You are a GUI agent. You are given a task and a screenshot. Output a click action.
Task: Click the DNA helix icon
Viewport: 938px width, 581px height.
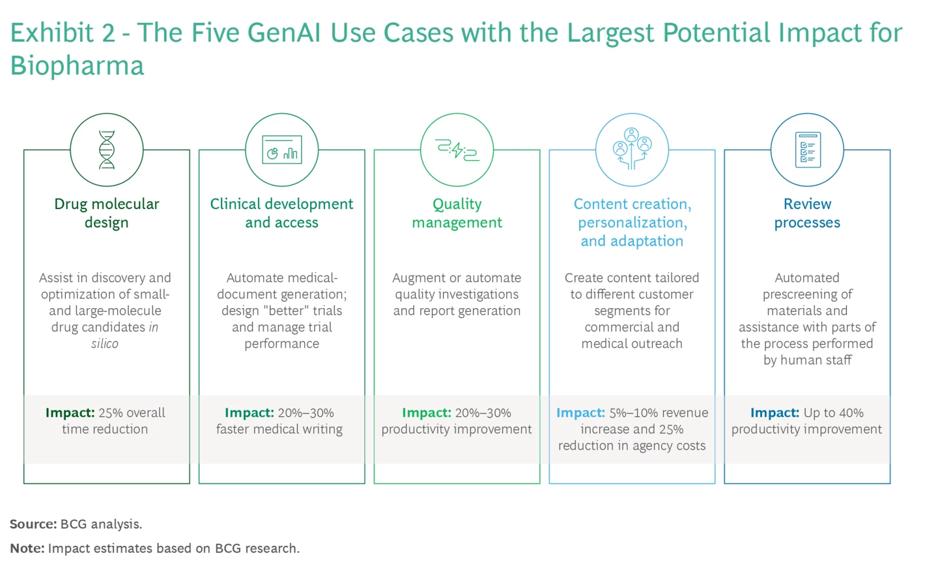[x=107, y=150]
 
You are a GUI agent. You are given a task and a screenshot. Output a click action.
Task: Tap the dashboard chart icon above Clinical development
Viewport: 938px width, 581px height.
[x=281, y=150]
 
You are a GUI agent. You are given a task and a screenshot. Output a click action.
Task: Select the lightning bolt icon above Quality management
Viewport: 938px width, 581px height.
[x=457, y=150]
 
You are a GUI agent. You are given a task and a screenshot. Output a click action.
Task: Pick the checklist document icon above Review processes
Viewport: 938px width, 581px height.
[x=807, y=150]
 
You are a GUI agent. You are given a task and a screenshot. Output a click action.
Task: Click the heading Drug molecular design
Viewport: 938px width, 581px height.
[x=107, y=213]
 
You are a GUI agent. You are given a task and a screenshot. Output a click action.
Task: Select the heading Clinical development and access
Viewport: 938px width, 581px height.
[x=281, y=213]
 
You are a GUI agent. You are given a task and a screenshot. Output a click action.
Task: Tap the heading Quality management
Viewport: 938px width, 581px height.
[x=457, y=213]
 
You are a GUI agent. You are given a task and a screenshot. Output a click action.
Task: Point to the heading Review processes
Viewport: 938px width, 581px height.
[x=807, y=213]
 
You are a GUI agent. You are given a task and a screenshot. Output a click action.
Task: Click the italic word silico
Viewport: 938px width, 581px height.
[x=105, y=344]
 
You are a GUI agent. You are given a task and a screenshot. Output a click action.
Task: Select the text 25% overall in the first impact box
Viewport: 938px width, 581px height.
[x=132, y=413]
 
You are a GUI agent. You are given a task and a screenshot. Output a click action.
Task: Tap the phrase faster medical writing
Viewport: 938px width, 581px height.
[x=279, y=429]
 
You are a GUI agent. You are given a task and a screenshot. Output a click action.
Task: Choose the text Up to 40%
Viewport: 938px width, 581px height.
[x=833, y=413]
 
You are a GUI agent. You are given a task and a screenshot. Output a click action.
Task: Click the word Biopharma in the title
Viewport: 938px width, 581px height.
[x=77, y=66]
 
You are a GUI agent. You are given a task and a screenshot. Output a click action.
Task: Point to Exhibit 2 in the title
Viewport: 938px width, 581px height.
[x=63, y=33]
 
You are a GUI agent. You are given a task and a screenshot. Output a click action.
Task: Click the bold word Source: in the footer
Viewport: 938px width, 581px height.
[x=33, y=524]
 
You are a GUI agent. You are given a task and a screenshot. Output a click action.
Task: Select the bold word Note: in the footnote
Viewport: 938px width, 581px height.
[x=27, y=548]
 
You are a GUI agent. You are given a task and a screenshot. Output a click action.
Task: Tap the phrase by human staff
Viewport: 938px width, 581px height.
[x=807, y=360]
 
